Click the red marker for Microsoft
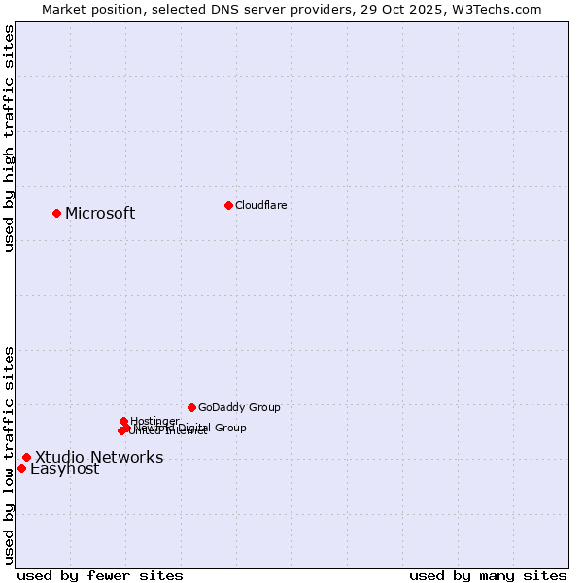coord(56,213)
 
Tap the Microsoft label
coord(100,214)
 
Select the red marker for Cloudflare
coord(228,205)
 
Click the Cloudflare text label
coord(260,205)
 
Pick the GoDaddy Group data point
coord(191,407)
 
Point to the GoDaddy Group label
coord(239,407)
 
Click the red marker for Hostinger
coord(124,421)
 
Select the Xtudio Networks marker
coord(26,457)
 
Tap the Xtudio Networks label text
coord(99,458)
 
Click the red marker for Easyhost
coord(21,468)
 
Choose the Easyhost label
coord(65,469)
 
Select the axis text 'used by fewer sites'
coord(100,575)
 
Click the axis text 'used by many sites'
coord(487,575)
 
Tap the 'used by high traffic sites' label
coord(9,137)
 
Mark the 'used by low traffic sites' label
coord(9,454)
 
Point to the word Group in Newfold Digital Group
coord(229,428)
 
